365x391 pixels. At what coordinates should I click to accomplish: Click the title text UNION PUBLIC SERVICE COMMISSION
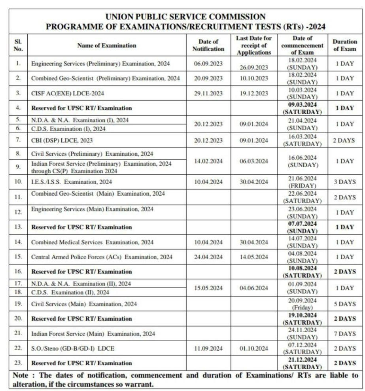pos(185,17)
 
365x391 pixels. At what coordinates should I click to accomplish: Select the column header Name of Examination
pos(107,45)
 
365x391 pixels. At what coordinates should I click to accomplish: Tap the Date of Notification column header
pos(208,45)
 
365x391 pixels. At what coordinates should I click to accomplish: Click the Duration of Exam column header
pos(344,45)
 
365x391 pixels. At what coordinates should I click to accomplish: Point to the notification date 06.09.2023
pos(208,64)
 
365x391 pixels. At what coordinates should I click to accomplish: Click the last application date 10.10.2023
pos(253,78)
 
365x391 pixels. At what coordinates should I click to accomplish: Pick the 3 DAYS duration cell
pos(345,182)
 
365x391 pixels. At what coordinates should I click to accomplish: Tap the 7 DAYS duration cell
pos(345,334)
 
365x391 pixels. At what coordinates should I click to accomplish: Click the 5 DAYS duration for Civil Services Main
pos(345,304)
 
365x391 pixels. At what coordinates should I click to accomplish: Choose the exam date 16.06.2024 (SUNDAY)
pos(302,161)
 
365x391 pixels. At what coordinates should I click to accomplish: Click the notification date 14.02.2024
pos(208,161)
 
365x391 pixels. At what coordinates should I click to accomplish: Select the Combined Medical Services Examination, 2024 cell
pos(93,242)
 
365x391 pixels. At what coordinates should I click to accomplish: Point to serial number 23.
pos(18,363)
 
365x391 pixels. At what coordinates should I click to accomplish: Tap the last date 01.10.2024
pos(253,348)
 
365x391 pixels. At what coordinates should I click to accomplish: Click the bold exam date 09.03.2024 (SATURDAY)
pos(302,108)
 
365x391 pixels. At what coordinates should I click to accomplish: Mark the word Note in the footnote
pos(21,375)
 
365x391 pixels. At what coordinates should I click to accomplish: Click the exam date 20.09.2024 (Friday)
pos(302,304)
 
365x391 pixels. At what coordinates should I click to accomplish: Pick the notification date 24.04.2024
pos(208,257)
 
